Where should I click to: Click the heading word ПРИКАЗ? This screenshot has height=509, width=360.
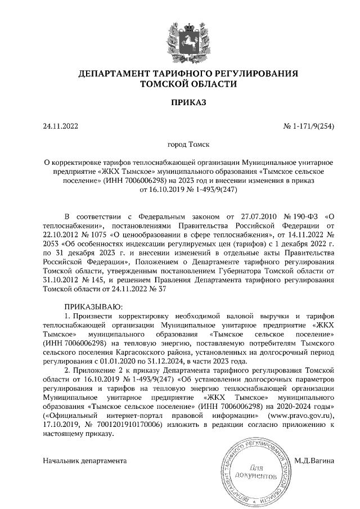point(181,102)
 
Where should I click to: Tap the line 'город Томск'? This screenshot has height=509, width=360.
point(180,145)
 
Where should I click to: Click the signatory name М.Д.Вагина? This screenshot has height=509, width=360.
point(314,461)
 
